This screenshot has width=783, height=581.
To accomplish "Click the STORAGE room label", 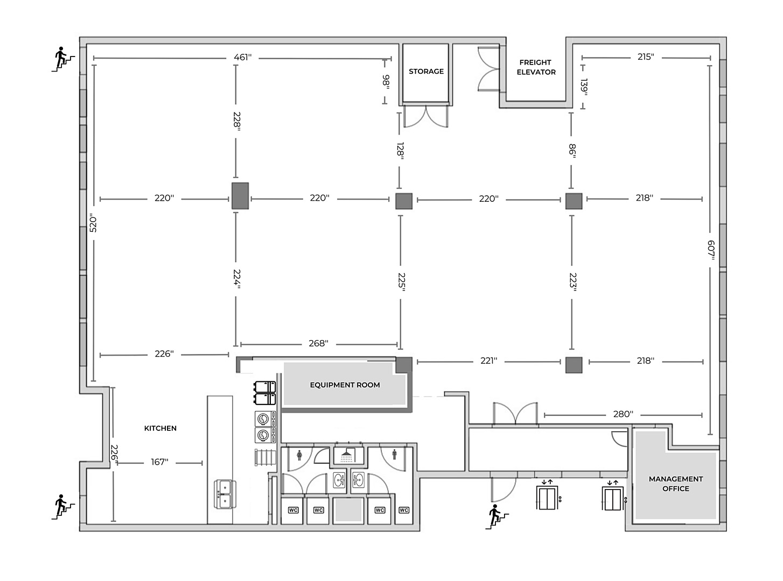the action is (x=426, y=71).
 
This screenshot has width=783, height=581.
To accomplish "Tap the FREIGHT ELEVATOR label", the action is (x=536, y=67).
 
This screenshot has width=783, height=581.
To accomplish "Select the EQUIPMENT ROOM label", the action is (x=345, y=385).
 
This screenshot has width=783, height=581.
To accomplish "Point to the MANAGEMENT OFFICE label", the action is (x=676, y=484).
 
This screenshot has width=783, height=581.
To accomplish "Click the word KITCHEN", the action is (x=160, y=428).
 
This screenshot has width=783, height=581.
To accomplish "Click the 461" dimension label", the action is (x=242, y=57).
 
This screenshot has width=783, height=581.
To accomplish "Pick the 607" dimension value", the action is (x=711, y=250).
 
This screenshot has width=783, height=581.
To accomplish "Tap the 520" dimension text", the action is (x=93, y=223).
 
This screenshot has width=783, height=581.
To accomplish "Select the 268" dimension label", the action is (x=318, y=343).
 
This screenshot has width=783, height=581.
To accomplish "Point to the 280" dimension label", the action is (x=623, y=414).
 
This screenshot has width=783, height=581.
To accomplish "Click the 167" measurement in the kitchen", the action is (x=159, y=462).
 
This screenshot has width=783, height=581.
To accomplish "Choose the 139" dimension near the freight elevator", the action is (x=584, y=87).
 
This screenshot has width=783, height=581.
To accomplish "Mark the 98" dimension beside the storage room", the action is (x=386, y=82).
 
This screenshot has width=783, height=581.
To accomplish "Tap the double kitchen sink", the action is (x=225, y=494).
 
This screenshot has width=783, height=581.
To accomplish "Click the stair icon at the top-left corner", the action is (x=64, y=59).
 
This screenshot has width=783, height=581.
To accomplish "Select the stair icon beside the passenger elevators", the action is (x=498, y=517).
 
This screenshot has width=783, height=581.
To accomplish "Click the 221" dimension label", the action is (x=488, y=360).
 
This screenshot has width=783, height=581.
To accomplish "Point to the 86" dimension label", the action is (x=572, y=151).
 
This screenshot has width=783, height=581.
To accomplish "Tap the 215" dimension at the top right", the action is (x=646, y=57).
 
